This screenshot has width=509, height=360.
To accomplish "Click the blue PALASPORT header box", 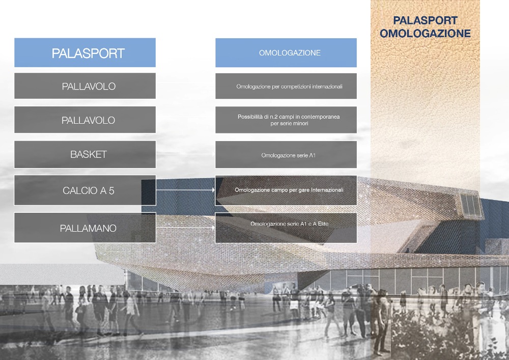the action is tap(84, 52).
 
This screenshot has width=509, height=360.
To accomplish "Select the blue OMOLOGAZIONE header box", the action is tap(286, 52).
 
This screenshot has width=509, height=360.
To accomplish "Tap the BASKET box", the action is tap(84, 154).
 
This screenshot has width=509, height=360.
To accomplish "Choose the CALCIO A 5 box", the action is tap(84, 190).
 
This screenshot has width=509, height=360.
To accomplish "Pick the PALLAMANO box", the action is tap(84, 228).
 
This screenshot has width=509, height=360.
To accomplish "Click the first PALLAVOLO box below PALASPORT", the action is tap(84, 86).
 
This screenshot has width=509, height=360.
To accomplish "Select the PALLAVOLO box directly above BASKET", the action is tap(84, 120).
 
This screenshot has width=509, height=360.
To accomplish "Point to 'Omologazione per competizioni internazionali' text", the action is tap(289, 87).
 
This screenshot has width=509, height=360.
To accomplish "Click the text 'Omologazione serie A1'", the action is tap(288, 155).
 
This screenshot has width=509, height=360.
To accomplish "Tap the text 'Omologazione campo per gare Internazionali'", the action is tap(289, 190).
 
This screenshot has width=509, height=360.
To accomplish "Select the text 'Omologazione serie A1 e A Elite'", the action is tap(289, 224).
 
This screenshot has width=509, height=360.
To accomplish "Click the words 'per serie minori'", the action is tap(289, 123).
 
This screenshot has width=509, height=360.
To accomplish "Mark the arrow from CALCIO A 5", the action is tap(185, 190).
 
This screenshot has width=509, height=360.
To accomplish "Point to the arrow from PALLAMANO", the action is tap(185, 228).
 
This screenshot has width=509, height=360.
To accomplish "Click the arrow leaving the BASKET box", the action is tap(185, 154).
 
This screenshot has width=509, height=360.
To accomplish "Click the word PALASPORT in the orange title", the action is tap(425, 20).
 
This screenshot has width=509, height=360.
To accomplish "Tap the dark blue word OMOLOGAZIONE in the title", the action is tap(425, 34).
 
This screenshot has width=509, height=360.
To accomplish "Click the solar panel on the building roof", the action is tap(470, 206).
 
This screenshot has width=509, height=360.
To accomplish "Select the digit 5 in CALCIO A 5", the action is tap(111, 190).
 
